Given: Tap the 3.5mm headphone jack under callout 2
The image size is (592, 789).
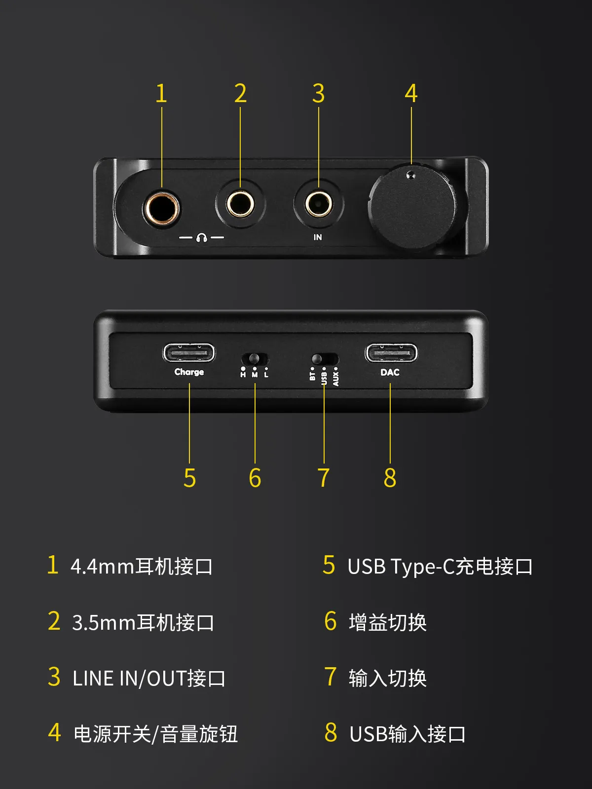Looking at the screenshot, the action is [240, 204].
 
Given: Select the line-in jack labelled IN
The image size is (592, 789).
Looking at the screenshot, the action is [319, 204].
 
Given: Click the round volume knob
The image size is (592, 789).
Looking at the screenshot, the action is [412, 207].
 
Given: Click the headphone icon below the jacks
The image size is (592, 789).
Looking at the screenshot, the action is [201, 238].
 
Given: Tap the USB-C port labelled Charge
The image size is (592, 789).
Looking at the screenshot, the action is [189, 353].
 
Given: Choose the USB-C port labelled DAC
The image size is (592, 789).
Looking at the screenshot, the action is [391, 353].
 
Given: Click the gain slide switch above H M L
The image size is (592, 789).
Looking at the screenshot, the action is [255, 359].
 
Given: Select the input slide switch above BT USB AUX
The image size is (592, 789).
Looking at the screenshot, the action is [325, 359].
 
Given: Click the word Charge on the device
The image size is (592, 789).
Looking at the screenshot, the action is [189, 372].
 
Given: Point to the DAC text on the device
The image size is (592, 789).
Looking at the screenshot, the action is [390, 372].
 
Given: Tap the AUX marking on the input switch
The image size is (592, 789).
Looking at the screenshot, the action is [336, 379].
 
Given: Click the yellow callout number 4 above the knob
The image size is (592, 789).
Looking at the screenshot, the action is [411, 94].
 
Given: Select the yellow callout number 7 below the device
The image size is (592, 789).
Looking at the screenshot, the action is [324, 477].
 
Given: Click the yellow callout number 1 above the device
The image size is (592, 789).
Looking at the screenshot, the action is [161, 94].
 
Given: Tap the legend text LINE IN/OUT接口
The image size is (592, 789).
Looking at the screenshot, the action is [149, 678].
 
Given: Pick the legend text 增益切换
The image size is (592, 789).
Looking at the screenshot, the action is [388, 623].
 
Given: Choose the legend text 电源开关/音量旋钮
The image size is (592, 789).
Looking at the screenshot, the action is [155, 734].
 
